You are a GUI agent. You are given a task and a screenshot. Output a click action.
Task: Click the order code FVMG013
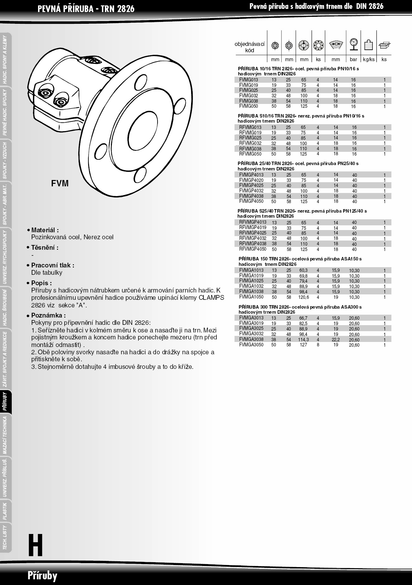(x=248, y=80)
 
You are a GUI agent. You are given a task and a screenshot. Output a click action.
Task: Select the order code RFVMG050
(x=250, y=154)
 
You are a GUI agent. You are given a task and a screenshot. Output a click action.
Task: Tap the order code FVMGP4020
(x=251, y=180)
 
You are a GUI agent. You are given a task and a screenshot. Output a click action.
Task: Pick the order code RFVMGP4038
(x=253, y=244)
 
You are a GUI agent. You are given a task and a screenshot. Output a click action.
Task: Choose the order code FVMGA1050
(x=251, y=297)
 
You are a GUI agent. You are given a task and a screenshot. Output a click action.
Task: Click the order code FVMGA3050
(x=251, y=345)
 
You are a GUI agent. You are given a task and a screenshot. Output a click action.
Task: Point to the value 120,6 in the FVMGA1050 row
(x=304, y=297)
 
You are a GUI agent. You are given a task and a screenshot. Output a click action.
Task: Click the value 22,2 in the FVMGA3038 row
(x=336, y=340)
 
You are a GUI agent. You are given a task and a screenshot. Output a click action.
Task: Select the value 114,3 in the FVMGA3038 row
(x=304, y=340)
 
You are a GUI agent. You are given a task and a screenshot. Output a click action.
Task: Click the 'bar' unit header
(x=353, y=59)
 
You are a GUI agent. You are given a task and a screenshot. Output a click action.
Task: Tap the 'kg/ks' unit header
(x=369, y=59)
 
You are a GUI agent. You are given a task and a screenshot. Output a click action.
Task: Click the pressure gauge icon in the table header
(x=353, y=44)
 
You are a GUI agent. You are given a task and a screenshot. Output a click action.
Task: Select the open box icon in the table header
(x=384, y=45)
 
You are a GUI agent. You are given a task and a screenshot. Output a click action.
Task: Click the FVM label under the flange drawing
(x=60, y=183)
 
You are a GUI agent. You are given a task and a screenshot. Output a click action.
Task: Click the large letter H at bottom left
(x=35, y=545)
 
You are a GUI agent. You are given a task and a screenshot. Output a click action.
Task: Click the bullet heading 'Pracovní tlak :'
(x=53, y=265)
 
